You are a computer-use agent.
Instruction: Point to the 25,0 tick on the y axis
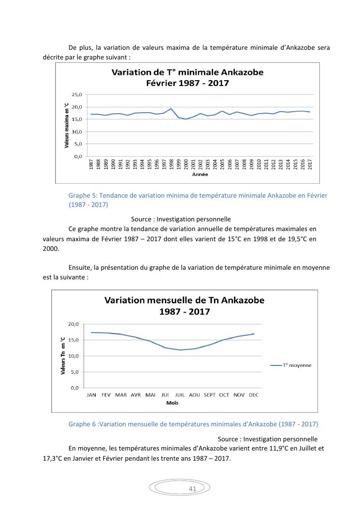(x=77, y=94)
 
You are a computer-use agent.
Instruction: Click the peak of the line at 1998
(x=171, y=109)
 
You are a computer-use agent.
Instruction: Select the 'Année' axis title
(x=200, y=175)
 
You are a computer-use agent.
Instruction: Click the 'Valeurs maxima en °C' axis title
(x=66, y=125)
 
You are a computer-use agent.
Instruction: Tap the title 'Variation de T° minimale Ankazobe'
(x=187, y=73)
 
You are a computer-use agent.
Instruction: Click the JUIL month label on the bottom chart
(x=180, y=395)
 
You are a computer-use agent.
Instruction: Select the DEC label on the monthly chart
(x=254, y=395)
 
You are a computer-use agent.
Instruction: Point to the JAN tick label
(x=91, y=395)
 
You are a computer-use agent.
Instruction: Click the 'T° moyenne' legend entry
(x=297, y=365)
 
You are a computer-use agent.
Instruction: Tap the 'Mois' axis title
(x=172, y=403)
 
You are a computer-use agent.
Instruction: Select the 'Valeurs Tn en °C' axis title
(x=63, y=356)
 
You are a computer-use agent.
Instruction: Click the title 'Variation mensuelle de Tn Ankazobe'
(x=184, y=300)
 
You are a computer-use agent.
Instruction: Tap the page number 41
(x=192, y=489)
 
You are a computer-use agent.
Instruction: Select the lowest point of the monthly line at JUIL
(x=180, y=350)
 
